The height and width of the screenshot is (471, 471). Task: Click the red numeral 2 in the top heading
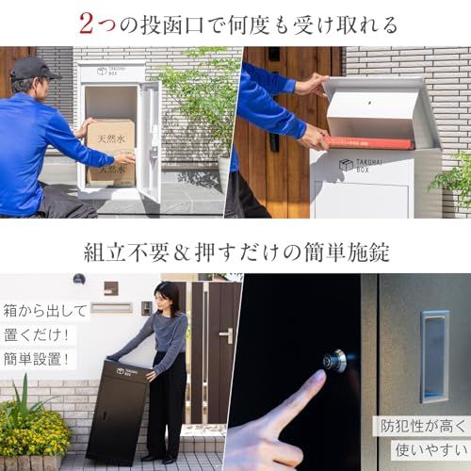(x=87, y=24)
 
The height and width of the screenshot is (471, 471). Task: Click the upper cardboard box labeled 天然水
(x=111, y=136)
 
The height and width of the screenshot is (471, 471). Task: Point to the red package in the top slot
(x=370, y=143)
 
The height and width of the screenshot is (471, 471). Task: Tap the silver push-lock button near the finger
(x=335, y=361)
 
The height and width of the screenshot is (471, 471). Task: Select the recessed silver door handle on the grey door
(x=435, y=357)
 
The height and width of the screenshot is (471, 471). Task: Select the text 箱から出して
(x=45, y=311)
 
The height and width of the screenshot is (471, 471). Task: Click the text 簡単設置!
(x=36, y=359)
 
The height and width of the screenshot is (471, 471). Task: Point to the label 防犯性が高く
(x=423, y=426)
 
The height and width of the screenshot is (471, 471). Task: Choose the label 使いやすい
(x=431, y=450)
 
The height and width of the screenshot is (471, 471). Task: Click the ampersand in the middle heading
(x=182, y=253)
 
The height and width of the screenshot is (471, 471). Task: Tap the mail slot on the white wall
(x=111, y=308)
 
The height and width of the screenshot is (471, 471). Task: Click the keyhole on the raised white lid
(x=370, y=103)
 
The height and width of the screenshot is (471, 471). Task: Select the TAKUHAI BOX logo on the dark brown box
(x=124, y=372)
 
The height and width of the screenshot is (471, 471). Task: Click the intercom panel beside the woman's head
(x=146, y=308)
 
